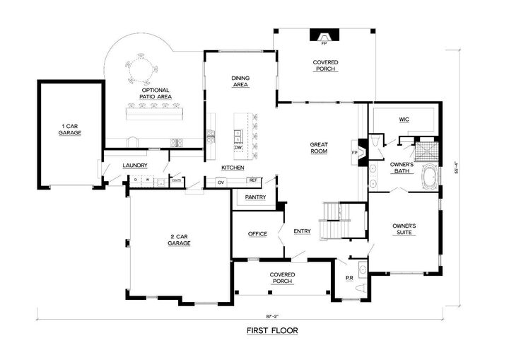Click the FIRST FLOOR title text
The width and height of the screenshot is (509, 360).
(272, 330)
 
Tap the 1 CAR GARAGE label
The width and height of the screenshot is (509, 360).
(69, 129)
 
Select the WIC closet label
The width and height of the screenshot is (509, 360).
(404, 119)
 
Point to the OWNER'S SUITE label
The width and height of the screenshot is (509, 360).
(404, 228)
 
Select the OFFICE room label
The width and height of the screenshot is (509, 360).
(257, 233)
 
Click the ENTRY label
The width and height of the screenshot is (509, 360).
(302, 231)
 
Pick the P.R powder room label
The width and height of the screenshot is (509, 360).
(349, 278)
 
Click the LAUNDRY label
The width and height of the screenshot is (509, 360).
(134, 166)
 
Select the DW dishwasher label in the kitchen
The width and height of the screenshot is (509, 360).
(238, 147)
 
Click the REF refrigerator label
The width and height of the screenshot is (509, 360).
(253, 181)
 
